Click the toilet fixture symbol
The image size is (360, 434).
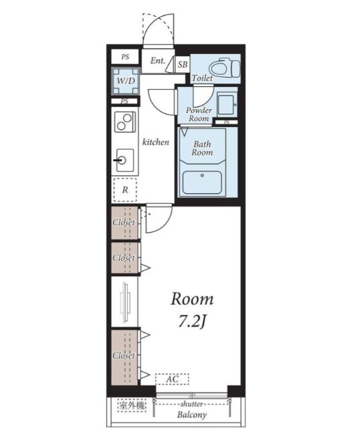[224, 68]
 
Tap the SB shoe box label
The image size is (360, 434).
[182, 64]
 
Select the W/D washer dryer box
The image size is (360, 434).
[126, 81]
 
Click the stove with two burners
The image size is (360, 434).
[125, 122]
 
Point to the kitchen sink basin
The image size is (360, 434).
[125, 160]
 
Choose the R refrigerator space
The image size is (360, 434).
[125, 190]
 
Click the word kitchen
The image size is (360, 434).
[155, 142]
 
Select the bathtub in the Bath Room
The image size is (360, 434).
[202, 182]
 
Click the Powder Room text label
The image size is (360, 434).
[199, 114]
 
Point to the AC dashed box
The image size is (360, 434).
[172, 379]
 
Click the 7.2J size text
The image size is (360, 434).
[192, 322]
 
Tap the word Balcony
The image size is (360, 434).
[192, 415]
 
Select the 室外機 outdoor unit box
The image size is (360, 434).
[132, 406]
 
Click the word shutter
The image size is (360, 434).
[191, 404]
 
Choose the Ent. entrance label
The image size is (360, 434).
[157, 61]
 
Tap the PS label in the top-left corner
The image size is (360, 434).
[125, 57]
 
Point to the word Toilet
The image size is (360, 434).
[202, 78]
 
